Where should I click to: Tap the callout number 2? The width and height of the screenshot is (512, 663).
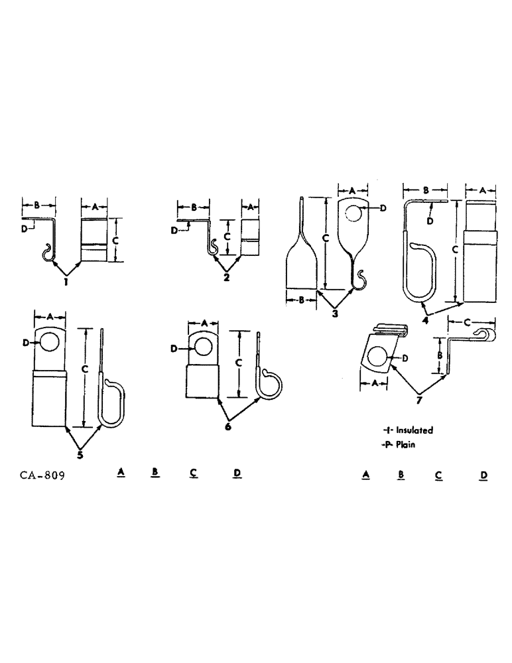[x=226, y=277]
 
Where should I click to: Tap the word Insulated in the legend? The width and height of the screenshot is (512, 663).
[x=415, y=430]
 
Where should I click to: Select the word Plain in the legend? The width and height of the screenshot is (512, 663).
[x=405, y=445]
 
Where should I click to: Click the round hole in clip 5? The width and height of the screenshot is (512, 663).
[x=49, y=343]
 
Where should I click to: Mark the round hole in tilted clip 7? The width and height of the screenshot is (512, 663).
[x=377, y=358]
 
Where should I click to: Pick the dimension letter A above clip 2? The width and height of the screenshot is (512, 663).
[x=250, y=207]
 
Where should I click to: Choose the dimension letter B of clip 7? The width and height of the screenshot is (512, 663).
[x=440, y=355]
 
